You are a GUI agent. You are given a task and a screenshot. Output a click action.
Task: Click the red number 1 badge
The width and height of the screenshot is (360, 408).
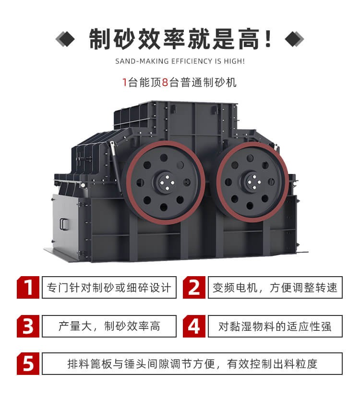pos(28,287)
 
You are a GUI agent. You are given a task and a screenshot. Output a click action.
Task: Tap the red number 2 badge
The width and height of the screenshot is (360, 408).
pos(194,287)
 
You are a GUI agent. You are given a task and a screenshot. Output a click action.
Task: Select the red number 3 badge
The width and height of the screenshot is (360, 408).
pos(28,326)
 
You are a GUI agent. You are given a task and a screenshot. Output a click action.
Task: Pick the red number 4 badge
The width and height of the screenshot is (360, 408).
pos(194,326)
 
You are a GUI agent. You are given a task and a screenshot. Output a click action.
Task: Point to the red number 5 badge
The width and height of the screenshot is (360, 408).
pos(28,363)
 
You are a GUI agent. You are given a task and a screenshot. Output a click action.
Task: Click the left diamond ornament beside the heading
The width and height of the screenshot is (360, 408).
pos(65,39)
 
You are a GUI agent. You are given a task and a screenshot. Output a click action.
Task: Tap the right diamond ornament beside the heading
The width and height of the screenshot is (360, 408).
pos(294,39)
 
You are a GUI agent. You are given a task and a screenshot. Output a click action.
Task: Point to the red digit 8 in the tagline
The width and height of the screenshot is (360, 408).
pos(165,82)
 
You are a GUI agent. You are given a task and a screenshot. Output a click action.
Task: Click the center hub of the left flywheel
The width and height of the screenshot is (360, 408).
pos(164,182)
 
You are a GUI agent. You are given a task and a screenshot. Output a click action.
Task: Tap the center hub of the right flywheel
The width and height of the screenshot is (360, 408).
pos(252,182)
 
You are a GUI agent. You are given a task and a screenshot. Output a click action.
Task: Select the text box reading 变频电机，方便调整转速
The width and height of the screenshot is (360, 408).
pos(275,287)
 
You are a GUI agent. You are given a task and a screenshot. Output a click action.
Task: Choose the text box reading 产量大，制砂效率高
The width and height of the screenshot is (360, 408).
pos(109,326)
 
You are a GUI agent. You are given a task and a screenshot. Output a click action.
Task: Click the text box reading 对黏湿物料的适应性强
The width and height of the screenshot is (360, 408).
pos(275,326)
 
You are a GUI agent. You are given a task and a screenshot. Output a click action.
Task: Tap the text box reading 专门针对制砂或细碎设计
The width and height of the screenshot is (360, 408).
pos(109,287)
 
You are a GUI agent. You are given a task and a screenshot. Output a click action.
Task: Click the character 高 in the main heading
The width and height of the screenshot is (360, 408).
pos(249,39)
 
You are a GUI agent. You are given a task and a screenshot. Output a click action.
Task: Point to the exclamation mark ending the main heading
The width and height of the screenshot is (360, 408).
pos(268,38)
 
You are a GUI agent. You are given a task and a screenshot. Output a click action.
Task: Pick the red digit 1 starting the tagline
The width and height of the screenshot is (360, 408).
pos(124,82)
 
